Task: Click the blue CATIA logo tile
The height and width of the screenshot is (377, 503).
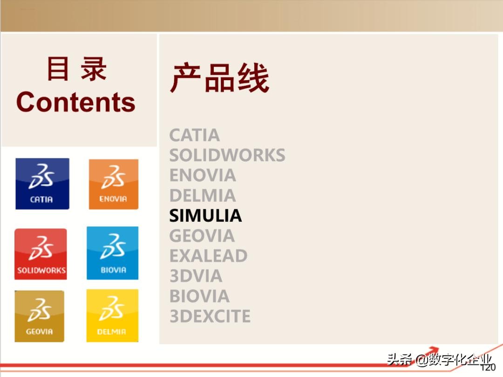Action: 42,184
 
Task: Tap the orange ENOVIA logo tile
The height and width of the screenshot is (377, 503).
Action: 114,184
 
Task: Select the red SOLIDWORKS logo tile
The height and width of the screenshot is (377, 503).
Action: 41,254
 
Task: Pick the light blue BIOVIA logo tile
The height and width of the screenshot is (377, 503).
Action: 113,253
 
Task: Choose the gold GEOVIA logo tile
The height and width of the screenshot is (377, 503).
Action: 40,316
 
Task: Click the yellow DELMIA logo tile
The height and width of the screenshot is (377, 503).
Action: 112,315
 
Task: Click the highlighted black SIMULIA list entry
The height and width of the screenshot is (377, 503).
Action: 205,215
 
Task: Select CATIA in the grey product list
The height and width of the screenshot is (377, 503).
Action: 194,135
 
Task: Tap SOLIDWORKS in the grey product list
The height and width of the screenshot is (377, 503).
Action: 227,155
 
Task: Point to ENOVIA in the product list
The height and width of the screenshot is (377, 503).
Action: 203,175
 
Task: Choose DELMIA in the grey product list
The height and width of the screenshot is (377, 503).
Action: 203,195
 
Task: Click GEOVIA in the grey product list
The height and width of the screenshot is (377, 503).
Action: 202,236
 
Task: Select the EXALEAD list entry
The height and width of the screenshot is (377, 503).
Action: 208,256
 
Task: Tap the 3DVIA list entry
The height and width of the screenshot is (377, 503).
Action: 196,276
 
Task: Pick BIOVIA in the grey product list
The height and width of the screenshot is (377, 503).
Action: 199,296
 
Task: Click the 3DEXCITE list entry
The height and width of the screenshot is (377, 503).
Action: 210,316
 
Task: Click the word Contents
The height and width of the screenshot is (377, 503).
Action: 76,102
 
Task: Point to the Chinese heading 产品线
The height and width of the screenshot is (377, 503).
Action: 219,78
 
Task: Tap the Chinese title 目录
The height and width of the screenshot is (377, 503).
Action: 77,69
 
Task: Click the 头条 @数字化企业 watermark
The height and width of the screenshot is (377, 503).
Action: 440,359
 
